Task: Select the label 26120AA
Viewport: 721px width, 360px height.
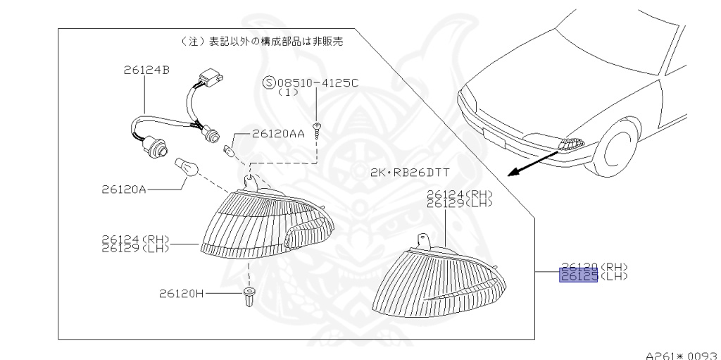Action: pyautogui.click(x=278, y=133)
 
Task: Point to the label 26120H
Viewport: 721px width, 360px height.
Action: pyautogui.click(x=181, y=293)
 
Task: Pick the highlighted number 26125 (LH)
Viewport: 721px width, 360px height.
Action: pyautogui.click(x=578, y=276)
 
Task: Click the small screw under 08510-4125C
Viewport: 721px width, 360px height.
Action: pyautogui.click(x=319, y=128)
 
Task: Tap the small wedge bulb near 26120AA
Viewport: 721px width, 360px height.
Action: pyautogui.click(x=228, y=150)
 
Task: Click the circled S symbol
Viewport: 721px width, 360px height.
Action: pyautogui.click(x=268, y=82)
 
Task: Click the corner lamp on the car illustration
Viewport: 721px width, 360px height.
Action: pyautogui.click(x=570, y=144)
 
